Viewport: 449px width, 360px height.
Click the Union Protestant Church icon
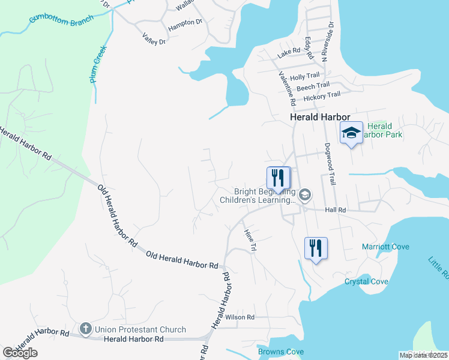(x=86, y=329)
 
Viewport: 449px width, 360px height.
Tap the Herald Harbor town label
(x=319, y=118)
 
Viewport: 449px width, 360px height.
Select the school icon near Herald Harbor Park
(x=351, y=133)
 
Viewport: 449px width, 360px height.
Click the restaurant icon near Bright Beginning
(x=278, y=178)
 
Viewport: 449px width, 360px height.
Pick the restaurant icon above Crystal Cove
(x=315, y=248)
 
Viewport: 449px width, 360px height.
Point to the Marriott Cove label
(x=385, y=247)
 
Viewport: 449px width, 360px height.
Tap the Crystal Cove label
(x=366, y=281)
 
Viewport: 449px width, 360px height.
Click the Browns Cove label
(x=280, y=352)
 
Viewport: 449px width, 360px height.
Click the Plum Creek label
(x=98, y=64)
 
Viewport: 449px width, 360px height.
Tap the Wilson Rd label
(x=240, y=317)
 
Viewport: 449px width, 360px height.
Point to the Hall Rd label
(x=336, y=210)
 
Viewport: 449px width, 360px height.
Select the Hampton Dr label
(x=185, y=22)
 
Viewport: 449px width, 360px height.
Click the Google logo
(x=20, y=352)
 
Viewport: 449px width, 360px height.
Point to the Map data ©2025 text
(x=423, y=355)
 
